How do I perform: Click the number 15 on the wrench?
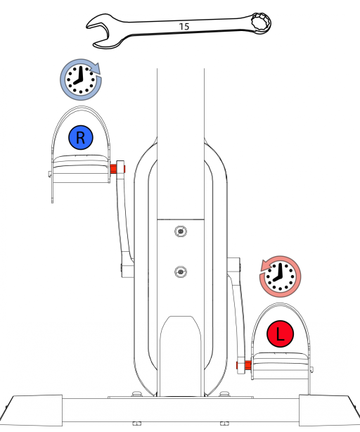coord(184,27)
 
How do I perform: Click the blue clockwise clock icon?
coord(81,80)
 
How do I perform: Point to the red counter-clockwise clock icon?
coord(280,277)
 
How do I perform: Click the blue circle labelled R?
coord(81,137)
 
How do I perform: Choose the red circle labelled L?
coord(280,334)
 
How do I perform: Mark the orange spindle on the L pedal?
coord(244,365)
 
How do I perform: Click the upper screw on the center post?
coord(181,231)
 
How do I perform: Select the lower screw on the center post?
coord(181,272)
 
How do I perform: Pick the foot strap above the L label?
coord(280,305)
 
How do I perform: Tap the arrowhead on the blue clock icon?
coord(95,68)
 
